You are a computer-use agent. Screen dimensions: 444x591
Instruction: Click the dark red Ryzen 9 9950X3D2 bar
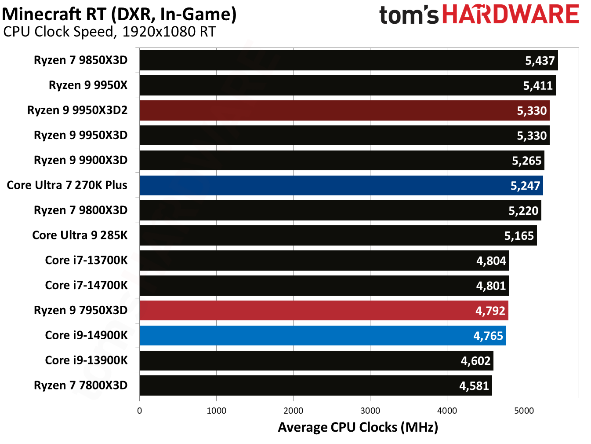pos(344,110)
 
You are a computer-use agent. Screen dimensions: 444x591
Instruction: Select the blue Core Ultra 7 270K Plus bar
pos(341,186)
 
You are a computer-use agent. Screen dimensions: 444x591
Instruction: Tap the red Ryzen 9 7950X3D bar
pos(323,311)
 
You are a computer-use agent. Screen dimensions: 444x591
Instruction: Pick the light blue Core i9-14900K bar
pos(323,336)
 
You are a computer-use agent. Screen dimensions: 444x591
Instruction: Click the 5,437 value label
pos(540,61)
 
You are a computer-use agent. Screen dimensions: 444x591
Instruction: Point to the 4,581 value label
pos(474,386)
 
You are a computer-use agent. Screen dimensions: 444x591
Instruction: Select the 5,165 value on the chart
pos(518,236)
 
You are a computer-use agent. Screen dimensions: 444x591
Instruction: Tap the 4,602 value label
pos(475,361)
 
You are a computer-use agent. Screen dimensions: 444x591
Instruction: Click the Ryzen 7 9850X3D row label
pos(80,60)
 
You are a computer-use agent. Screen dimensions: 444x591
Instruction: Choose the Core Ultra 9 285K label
pos(80,235)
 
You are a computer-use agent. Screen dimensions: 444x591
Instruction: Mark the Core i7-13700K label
pos(86,261)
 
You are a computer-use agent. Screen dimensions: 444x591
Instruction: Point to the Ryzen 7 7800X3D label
pos(80,385)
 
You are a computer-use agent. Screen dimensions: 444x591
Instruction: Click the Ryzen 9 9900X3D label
pos(80,160)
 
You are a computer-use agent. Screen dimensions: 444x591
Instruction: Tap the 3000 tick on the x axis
pos(370,411)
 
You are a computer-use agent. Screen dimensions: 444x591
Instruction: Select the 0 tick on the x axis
pos(139,411)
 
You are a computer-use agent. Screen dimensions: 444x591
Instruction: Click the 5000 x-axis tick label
pos(524,411)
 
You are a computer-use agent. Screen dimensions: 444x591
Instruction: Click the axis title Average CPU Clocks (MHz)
pos(358,427)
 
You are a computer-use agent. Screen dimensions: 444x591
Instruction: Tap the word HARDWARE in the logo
pos(510,15)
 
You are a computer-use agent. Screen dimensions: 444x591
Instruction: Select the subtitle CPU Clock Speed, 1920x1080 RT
pos(109,32)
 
